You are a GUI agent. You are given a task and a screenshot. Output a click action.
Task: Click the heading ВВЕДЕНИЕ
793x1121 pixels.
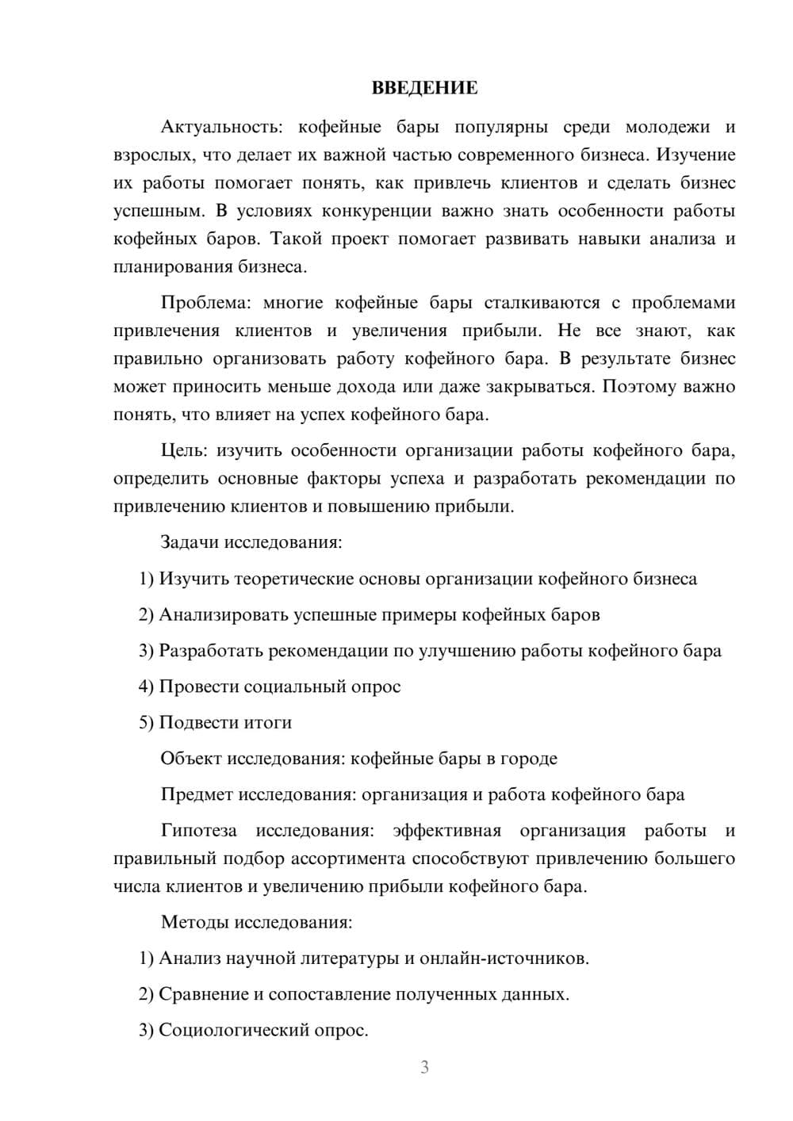[424, 88]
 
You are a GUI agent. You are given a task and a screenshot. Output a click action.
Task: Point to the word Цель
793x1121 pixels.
[184, 450]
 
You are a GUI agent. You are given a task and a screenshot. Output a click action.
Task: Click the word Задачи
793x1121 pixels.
[190, 543]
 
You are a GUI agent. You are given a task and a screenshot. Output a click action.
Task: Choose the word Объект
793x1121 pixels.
[191, 759]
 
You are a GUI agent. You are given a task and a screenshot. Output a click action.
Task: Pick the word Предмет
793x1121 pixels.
[197, 794]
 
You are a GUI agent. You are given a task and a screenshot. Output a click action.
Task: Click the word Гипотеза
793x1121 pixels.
[199, 831]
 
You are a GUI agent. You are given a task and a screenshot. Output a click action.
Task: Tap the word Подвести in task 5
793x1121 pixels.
[196, 722]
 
